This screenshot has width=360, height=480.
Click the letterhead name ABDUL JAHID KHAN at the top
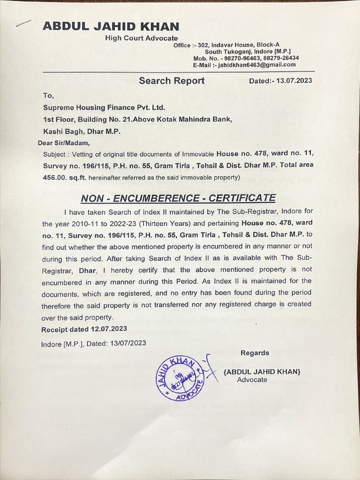coord(111,26)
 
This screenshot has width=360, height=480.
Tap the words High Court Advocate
coord(141,38)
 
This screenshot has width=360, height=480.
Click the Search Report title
coord(172,81)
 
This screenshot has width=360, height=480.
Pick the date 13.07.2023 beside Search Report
coord(294,81)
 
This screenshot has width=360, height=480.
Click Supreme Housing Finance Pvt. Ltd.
coord(104,107)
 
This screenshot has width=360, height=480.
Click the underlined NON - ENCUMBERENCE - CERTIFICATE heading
coord(178,198)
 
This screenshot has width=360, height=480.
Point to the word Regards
coord(255,353)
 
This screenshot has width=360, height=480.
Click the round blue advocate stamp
coord(180,378)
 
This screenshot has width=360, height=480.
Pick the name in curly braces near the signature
coord(262,372)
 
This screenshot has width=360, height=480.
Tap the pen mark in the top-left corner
coord(23,23)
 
